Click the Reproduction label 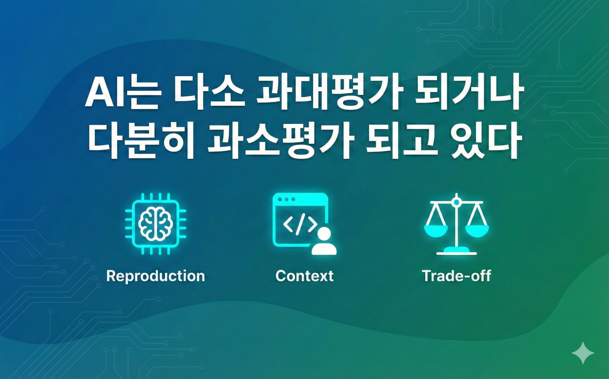[x=156, y=276]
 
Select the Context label [x=304, y=276]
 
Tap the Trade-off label [x=456, y=276]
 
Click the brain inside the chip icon [x=156, y=224]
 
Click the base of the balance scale [x=457, y=250]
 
